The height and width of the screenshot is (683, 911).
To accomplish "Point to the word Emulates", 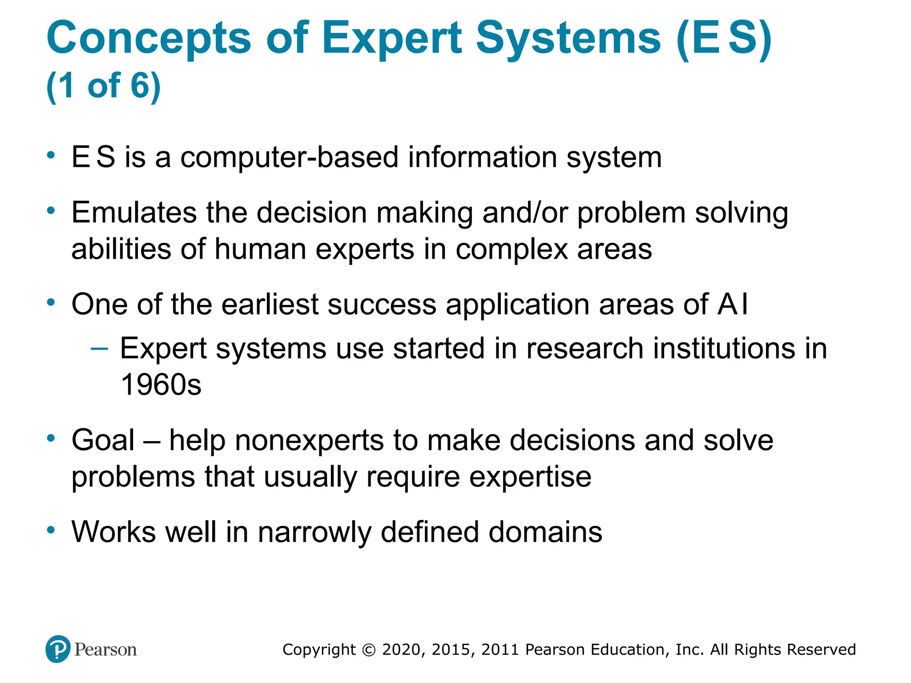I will (134, 213).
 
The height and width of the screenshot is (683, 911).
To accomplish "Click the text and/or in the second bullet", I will (525, 213).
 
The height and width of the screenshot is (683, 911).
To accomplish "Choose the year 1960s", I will (161, 385).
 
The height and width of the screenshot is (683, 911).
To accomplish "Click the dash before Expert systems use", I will (99, 348).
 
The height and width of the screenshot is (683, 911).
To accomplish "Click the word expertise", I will (530, 477).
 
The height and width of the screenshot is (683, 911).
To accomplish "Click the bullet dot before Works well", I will (51, 530).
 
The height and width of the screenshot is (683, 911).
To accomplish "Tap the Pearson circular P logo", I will (58, 649).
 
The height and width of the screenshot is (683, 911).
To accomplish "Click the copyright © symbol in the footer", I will (369, 650).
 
